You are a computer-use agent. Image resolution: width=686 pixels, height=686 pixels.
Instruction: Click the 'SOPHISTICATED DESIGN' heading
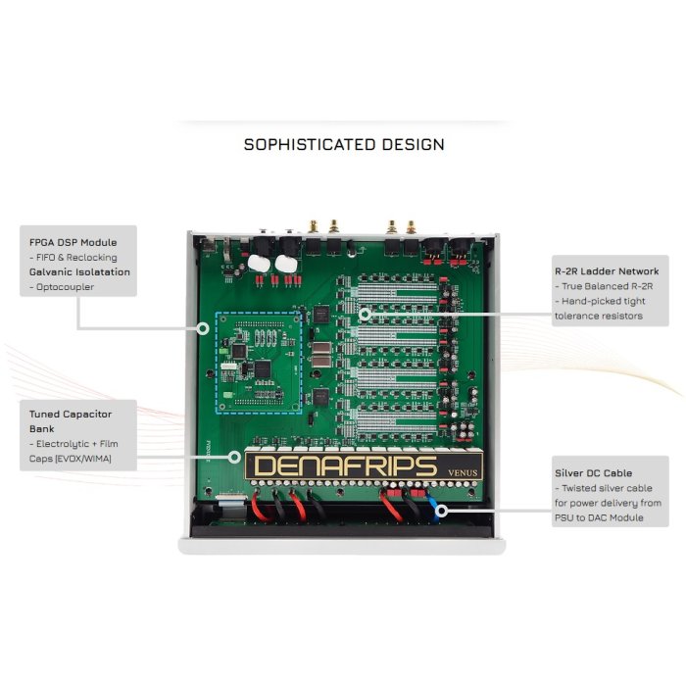coord(344,144)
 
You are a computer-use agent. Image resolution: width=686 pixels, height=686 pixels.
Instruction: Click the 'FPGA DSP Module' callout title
coord(73,242)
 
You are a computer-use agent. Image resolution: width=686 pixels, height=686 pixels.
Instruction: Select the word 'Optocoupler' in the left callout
coord(66,287)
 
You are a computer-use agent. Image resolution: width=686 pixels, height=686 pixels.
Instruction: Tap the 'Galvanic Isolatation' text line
coord(79,271)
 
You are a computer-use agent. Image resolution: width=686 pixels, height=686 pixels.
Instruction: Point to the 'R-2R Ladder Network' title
coord(607,271)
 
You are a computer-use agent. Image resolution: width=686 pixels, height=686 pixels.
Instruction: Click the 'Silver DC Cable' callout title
coord(593,473)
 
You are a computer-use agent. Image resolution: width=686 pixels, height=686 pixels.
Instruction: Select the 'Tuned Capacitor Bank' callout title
coord(71,421)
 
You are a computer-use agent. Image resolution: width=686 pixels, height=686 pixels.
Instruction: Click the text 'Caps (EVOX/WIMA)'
coord(70,459)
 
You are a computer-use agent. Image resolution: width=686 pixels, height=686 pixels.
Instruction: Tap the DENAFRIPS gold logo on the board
coord(345,465)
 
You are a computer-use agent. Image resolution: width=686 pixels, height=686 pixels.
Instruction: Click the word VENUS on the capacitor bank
coord(463,472)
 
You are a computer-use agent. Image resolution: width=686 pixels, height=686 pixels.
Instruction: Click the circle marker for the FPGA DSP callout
coord(203,328)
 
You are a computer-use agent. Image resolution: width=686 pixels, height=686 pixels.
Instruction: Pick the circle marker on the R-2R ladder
coord(365,315)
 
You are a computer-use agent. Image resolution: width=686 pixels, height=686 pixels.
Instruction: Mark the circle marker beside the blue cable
coord(442,511)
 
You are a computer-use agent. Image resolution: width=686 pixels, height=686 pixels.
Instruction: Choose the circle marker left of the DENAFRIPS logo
coord(234,458)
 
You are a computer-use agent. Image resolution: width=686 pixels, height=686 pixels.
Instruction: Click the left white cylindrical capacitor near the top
coord(258,264)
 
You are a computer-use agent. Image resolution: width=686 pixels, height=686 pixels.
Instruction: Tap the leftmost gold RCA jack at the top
coord(314,226)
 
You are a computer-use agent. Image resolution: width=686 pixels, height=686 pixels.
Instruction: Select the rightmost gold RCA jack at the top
coord(411,227)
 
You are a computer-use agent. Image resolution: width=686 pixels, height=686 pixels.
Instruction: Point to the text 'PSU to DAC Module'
coord(599,517)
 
